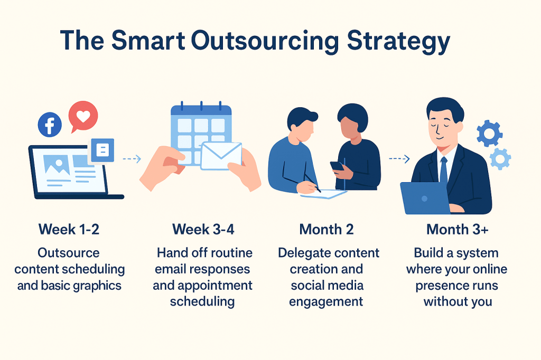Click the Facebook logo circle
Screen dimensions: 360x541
(x=50, y=126)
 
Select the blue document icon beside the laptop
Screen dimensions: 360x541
(x=102, y=150)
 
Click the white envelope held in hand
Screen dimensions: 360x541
(x=221, y=156)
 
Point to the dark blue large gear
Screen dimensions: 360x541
(x=489, y=133)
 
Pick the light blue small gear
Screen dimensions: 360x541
(x=500, y=158)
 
